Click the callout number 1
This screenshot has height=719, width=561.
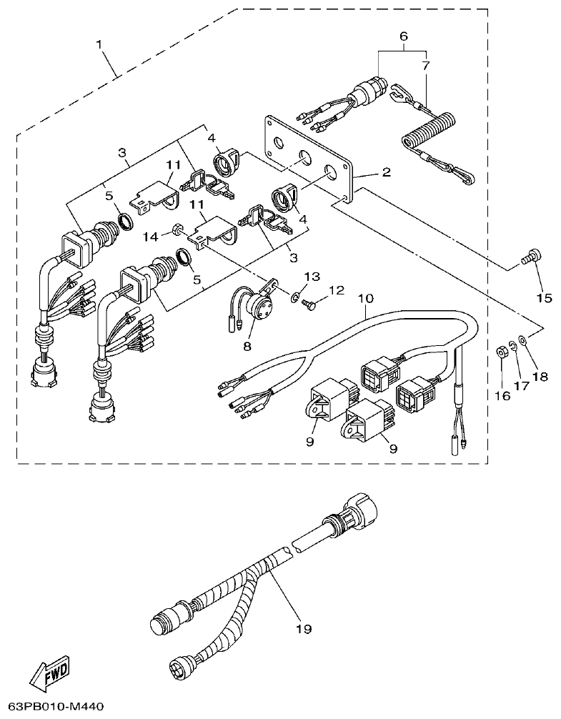[101, 44]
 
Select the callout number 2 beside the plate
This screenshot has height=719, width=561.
[385, 172]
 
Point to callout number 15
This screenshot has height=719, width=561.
[544, 297]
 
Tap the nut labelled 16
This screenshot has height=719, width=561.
[501, 352]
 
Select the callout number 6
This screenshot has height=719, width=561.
[404, 35]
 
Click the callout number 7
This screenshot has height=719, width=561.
[426, 65]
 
